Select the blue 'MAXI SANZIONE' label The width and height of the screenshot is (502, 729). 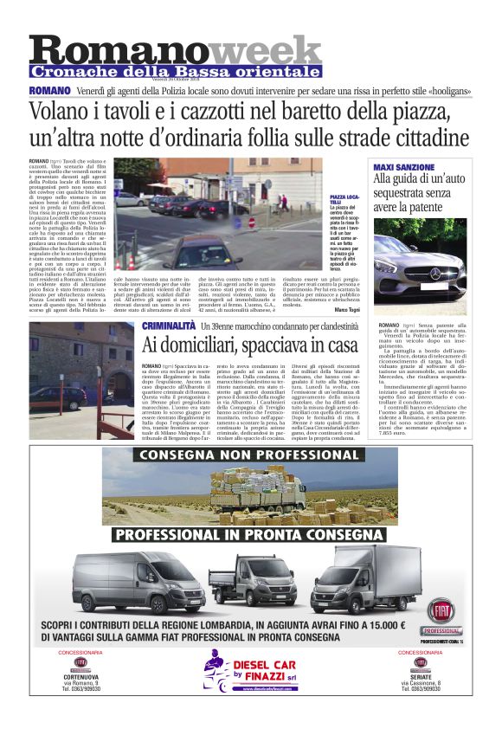(x=402, y=165)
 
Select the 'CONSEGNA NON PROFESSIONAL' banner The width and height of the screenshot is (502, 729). (x=250, y=455)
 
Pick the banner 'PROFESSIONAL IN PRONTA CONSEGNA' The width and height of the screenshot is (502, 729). (x=250, y=534)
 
